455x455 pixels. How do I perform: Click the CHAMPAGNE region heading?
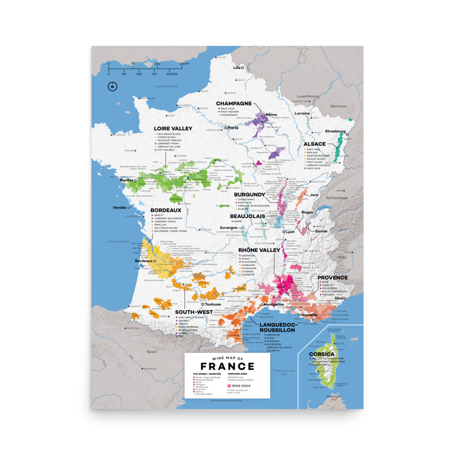(x=233, y=104)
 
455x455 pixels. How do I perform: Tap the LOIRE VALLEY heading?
(x=173, y=129)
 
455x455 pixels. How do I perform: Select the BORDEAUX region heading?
(x=166, y=210)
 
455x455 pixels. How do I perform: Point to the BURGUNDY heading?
(x=249, y=194)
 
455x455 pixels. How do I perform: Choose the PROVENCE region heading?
(x=332, y=278)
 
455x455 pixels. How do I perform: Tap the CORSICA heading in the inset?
(x=321, y=354)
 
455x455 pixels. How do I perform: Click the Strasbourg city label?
(x=336, y=131)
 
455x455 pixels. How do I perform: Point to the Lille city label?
(x=236, y=67)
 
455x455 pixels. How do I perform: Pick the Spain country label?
(x=151, y=352)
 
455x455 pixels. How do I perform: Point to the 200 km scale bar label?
(x=172, y=74)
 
